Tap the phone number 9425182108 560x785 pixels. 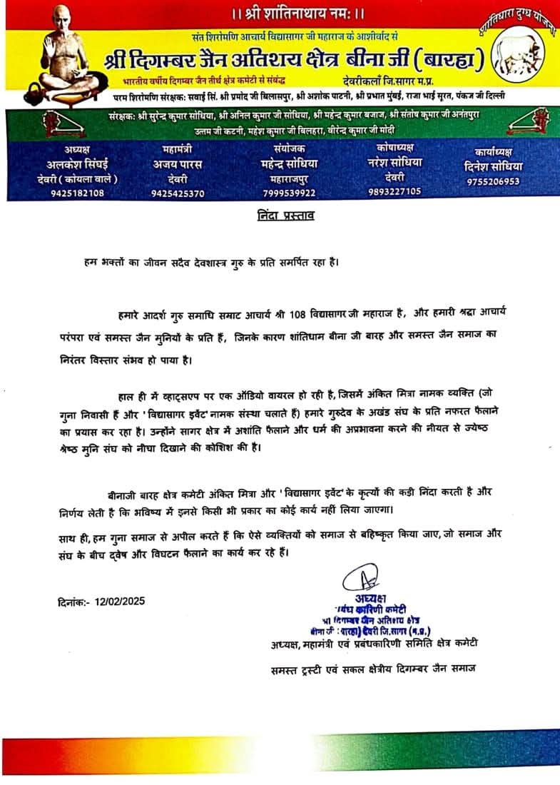(x=76, y=193)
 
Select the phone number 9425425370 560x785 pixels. (x=178, y=193)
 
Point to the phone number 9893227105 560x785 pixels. (x=394, y=191)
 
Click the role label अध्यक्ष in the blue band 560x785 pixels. (x=76, y=150)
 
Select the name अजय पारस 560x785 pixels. (x=178, y=164)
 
